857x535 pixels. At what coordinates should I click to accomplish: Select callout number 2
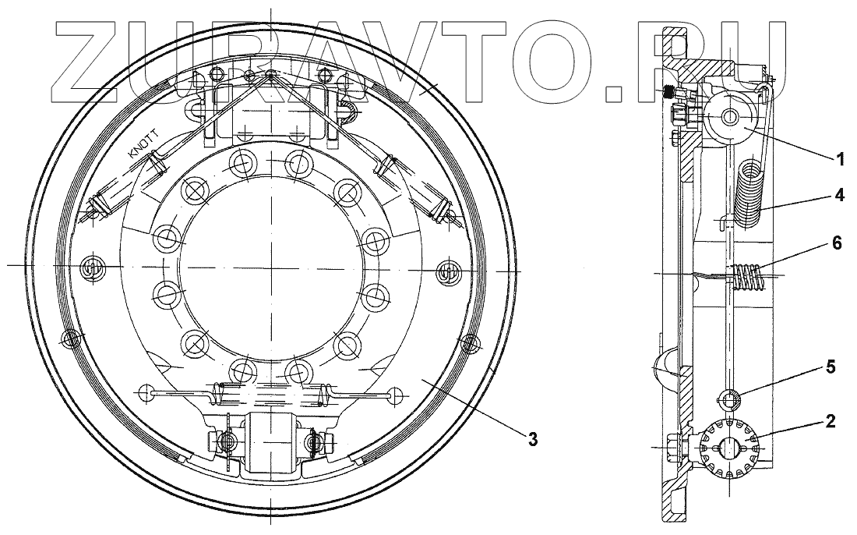coord(831,421)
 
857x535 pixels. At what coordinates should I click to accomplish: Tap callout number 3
coord(533,438)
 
